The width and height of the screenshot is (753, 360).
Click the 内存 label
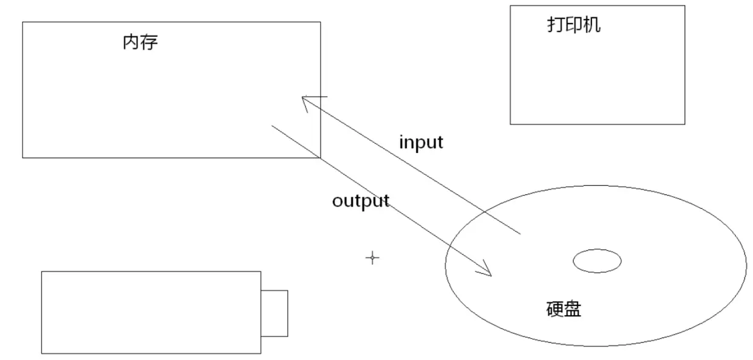[x=140, y=42]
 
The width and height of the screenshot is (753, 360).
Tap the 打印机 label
[x=573, y=25]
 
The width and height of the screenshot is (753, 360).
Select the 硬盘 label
[x=564, y=309]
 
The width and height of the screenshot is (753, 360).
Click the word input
[x=421, y=143]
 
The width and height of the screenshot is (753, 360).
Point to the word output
[x=361, y=201]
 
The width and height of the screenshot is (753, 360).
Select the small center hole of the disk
[x=597, y=261]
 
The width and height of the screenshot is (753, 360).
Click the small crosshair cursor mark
[x=372, y=258]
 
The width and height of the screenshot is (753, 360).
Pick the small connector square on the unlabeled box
[x=274, y=313]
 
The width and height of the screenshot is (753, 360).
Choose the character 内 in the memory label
[x=131, y=42]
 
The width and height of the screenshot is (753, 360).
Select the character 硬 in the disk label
[x=554, y=309]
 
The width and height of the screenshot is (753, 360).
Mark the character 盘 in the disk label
[x=573, y=309]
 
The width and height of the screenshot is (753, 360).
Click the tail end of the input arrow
[x=519, y=233]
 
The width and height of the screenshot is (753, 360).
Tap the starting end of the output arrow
[x=273, y=126]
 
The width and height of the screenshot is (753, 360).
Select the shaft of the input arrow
[x=413, y=166]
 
